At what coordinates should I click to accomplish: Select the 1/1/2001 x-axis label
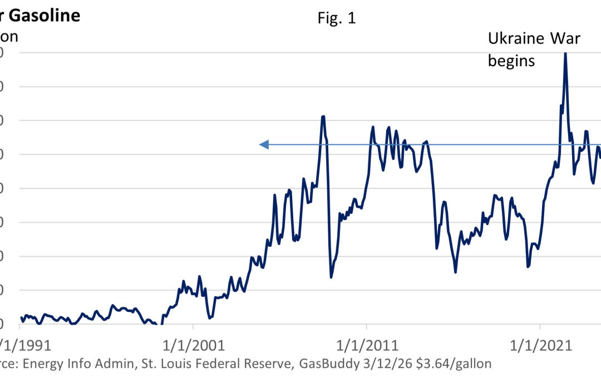[193, 345]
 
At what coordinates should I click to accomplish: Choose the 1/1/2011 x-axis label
[366, 345]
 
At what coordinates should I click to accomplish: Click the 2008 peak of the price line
[323, 116]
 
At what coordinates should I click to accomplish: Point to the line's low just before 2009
[331, 277]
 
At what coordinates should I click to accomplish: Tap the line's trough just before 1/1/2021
[528, 267]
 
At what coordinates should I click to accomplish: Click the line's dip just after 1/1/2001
[209, 318]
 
